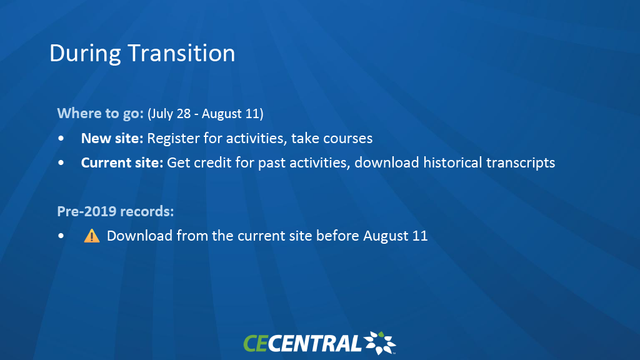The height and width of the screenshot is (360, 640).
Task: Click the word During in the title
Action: [85, 54]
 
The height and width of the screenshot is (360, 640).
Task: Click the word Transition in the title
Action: [182, 54]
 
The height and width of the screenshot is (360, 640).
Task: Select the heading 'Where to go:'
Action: [101, 113]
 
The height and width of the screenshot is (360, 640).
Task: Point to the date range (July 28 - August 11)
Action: [205, 114]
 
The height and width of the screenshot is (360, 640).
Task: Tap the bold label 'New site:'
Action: [112, 138]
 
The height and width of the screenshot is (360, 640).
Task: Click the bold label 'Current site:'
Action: [122, 163]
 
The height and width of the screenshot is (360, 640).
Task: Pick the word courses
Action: [347, 139]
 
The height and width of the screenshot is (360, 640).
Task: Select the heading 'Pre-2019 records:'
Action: [116, 211]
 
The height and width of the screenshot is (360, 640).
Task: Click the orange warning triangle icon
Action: [92, 236]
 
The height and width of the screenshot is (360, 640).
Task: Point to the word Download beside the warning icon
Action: [139, 236]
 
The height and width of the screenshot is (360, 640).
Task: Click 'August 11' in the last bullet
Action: [396, 236]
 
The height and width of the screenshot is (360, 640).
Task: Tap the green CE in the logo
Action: [256, 343]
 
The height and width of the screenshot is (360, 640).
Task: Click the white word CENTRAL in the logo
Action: [314, 343]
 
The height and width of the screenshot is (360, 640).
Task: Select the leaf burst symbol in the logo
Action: [380, 343]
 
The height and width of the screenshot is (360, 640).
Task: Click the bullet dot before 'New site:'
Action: [61, 139]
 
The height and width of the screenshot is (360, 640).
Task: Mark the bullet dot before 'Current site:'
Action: [61, 163]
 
